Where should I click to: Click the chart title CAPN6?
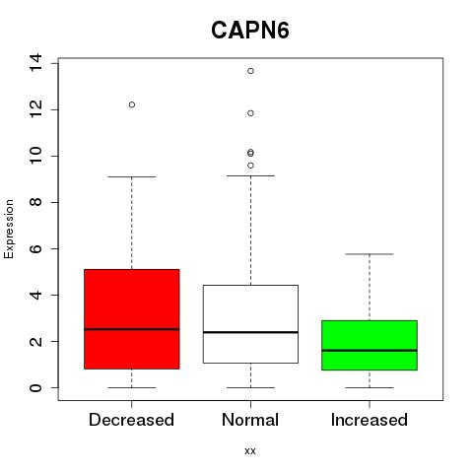[x=250, y=31]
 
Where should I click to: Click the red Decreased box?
[x=132, y=319]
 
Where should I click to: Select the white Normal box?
[x=250, y=324]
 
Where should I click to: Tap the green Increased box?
[x=370, y=345]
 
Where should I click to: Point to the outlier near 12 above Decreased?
[x=132, y=104]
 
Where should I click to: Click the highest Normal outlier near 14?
[x=250, y=71]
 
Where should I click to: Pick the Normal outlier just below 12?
[x=250, y=113]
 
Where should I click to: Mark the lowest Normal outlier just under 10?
[x=250, y=166]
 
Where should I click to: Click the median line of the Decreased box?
[x=132, y=329]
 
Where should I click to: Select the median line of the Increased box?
[x=370, y=351]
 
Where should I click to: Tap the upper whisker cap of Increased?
[x=370, y=254]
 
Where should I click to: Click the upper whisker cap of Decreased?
[x=132, y=176]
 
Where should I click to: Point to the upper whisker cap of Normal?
[x=250, y=175]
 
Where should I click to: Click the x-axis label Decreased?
[x=131, y=420]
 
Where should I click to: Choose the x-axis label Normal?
[x=250, y=420]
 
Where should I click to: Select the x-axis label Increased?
[x=370, y=420]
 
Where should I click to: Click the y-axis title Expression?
[x=9, y=229]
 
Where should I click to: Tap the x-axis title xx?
[x=250, y=451]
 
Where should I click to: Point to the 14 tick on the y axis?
[x=35, y=62]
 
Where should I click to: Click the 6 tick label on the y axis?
[x=35, y=248]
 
